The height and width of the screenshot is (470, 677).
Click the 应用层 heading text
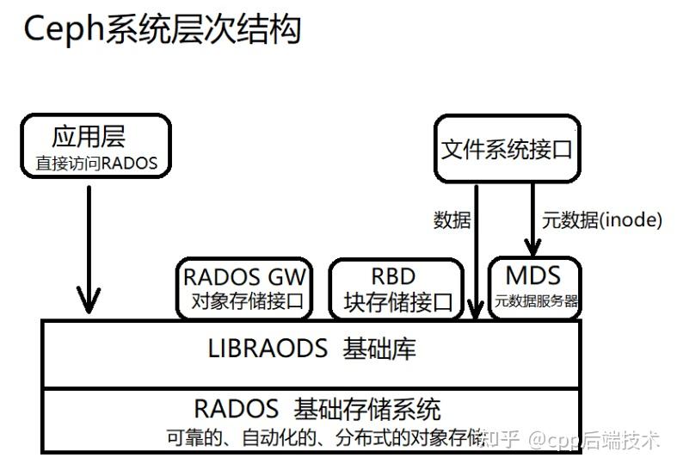coord(88,137)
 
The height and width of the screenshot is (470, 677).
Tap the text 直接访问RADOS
coord(96,163)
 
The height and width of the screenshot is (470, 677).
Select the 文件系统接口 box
coord(507,149)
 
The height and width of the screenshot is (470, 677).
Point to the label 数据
coord(452,220)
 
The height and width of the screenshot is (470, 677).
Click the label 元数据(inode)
coord(601,220)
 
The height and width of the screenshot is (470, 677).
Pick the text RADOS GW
coord(244,277)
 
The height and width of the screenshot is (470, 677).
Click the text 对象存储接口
coord(244,301)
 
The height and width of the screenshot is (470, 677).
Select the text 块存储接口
coord(397,302)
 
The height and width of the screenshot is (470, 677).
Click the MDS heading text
coord(533,276)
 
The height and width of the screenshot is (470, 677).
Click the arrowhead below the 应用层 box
coord(89,302)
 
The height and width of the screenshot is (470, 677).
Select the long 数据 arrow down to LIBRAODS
coord(475,250)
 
